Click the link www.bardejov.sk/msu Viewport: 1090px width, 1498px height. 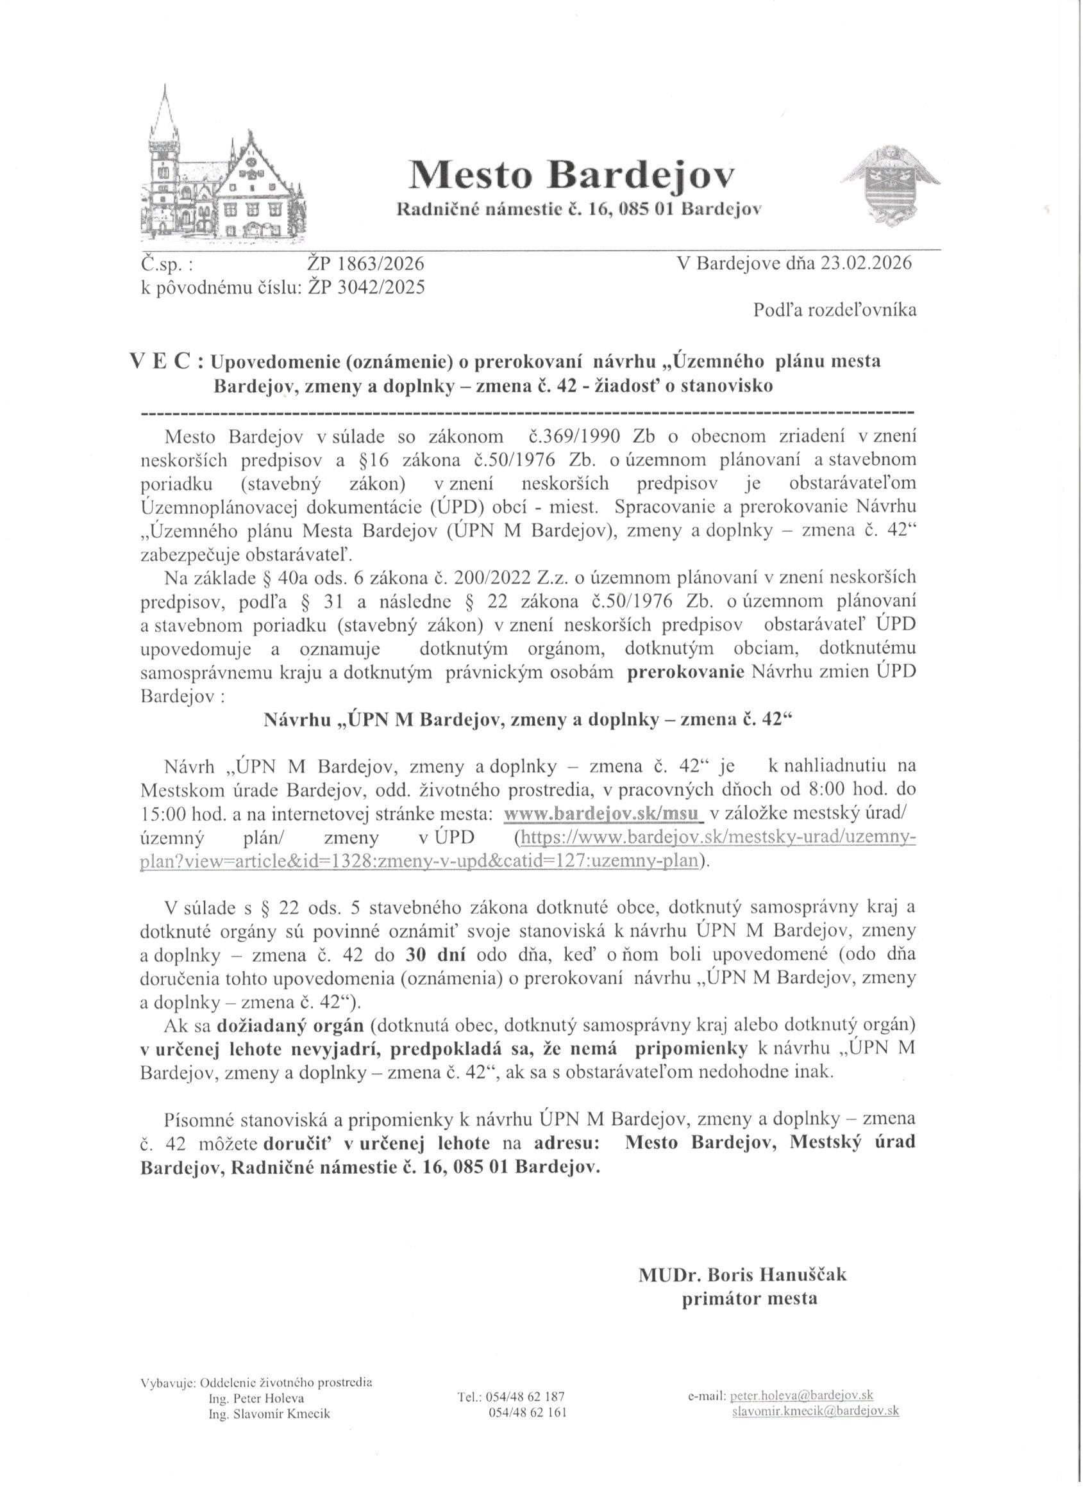[602, 814]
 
